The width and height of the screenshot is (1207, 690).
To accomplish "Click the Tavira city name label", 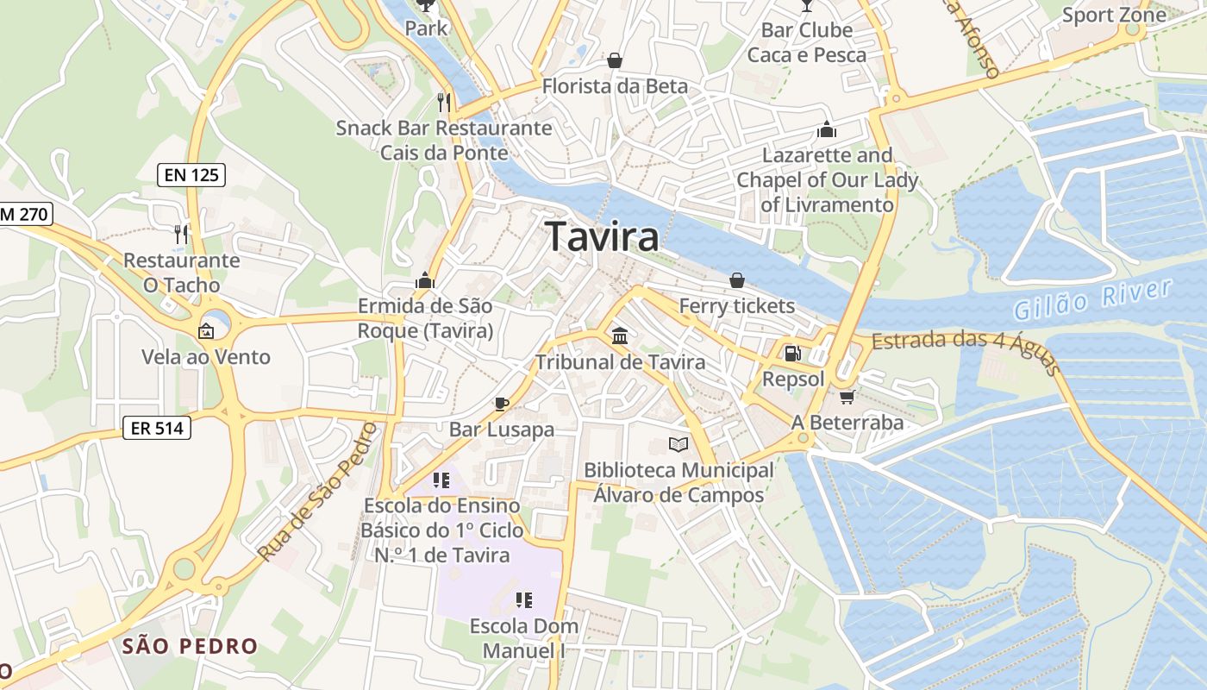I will point(603,236).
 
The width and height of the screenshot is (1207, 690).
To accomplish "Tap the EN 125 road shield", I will point(191,175).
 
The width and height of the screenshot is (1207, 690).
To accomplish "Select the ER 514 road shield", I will point(156,426).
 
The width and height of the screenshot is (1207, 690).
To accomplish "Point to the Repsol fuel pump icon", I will point(791,353).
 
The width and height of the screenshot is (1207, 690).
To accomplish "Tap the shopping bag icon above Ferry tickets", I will point(736,280).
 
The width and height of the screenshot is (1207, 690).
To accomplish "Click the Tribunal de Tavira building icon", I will point(619,336).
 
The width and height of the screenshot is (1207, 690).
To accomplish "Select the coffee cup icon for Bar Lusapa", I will point(502,403).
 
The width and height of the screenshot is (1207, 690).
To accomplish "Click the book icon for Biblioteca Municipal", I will point(679,444).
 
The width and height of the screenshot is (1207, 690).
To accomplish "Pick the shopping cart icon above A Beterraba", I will point(847,397).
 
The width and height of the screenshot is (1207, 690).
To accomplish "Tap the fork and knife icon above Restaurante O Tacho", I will point(181,234).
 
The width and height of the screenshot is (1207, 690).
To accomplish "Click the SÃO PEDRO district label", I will point(190,646).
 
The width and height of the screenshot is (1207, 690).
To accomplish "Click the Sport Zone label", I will point(1114,15).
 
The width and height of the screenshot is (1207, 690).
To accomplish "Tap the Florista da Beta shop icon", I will point(615,60).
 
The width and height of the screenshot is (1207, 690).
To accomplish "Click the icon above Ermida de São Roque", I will point(425,280).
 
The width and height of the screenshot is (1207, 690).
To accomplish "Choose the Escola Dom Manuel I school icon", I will point(523,599).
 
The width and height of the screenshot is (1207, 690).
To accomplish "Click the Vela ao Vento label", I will point(206,357).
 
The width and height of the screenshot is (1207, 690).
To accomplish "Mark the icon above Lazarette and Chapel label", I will point(827,130).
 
